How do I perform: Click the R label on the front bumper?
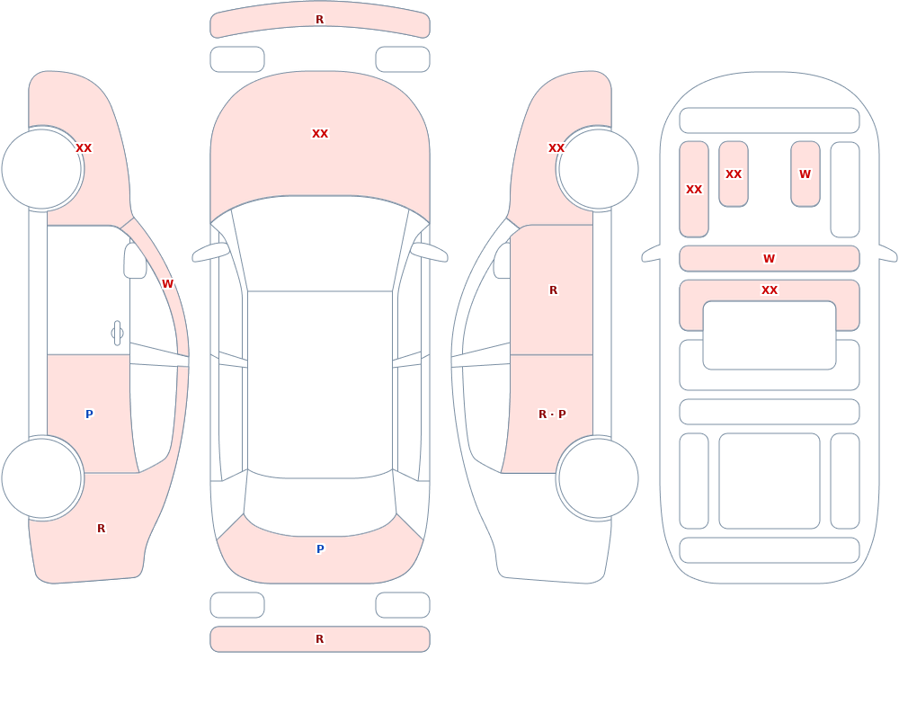click(319, 20)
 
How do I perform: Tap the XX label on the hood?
click(320, 134)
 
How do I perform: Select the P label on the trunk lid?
click(320, 549)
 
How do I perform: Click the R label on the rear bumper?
click(319, 639)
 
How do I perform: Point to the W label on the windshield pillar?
click(167, 284)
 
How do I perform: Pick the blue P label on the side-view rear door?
click(89, 414)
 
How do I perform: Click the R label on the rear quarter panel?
click(101, 529)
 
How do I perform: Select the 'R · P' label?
click(552, 414)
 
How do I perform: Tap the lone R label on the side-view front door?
click(553, 290)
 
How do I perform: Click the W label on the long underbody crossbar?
click(770, 259)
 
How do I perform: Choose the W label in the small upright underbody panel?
click(805, 174)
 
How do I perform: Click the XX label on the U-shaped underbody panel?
click(770, 290)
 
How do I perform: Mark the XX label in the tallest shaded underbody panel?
click(694, 190)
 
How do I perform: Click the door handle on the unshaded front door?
click(117, 334)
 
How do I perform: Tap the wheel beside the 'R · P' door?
click(598, 477)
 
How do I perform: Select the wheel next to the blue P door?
click(42, 477)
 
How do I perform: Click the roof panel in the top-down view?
click(320, 384)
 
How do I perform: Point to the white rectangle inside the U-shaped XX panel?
click(770, 335)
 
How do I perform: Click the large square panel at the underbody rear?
click(770, 481)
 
